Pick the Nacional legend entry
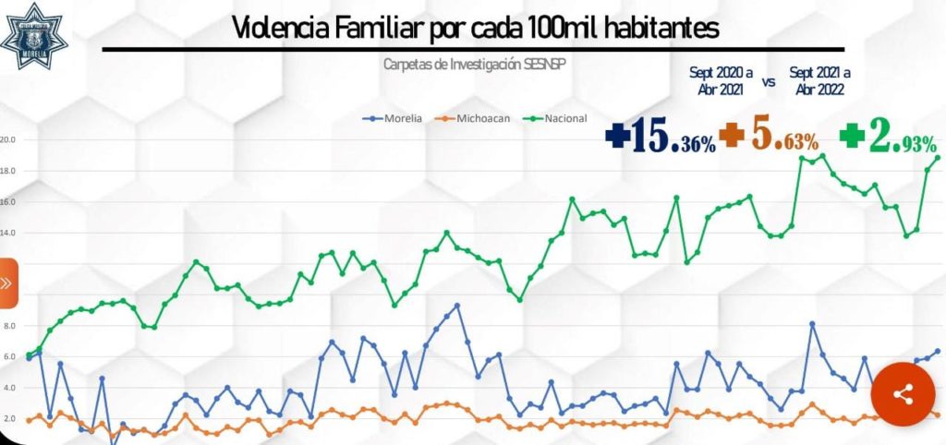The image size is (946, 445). pos(558,118)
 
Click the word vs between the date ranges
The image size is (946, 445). pos(769,81)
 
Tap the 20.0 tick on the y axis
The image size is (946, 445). pos(7,140)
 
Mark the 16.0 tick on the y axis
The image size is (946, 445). pos(7,202)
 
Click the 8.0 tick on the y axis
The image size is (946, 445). pos(9,327)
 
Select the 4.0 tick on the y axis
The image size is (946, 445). pos(9,389)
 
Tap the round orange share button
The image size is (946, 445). pos(903,394)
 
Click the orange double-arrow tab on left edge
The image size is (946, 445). pos(6,283)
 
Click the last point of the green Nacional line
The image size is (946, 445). pos(938,157)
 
